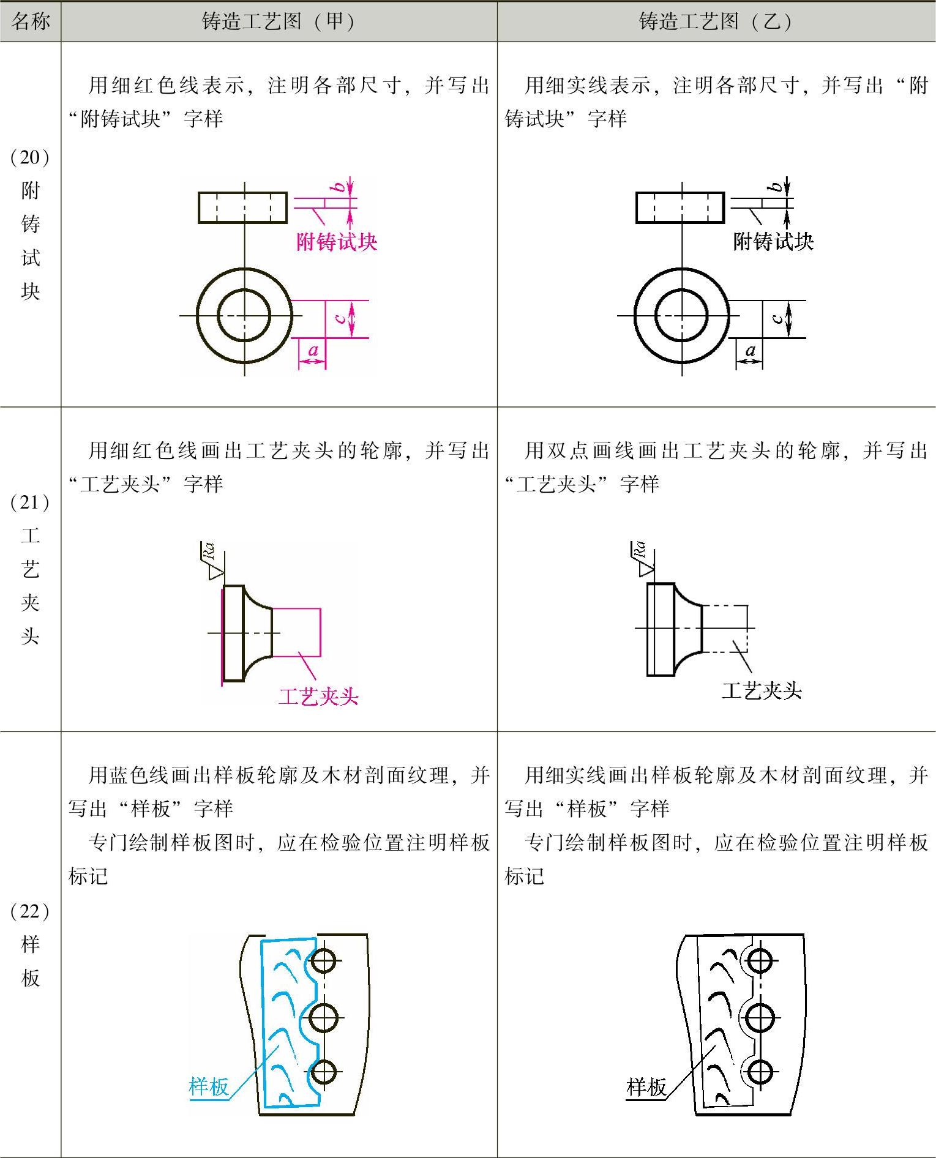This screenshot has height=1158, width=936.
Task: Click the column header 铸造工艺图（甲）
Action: (x=279, y=21)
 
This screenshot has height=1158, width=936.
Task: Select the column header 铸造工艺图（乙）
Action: (x=716, y=21)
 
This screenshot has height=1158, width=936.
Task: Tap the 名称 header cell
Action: (x=30, y=21)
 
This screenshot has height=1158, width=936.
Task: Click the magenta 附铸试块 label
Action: (x=337, y=242)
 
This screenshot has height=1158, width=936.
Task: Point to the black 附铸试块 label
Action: (x=773, y=241)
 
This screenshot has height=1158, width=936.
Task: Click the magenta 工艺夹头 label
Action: (x=318, y=696)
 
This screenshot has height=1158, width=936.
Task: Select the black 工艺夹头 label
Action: (x=762, y=691)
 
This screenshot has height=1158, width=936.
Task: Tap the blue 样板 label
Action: (x=209, y=1086)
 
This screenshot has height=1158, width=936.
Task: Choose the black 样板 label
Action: (x=646, y=1086)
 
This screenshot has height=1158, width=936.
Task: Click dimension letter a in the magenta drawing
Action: (x=313, y=351)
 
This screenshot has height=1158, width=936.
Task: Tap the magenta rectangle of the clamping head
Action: (x=296, y=632)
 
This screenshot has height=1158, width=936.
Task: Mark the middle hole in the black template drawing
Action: (x=760, y=1018)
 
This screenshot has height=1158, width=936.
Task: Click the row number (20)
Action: (x=29, y=157)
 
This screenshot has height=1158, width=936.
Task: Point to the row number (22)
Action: (x=29, y=911)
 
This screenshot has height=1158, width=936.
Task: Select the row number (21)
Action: (x=29, y=502)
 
